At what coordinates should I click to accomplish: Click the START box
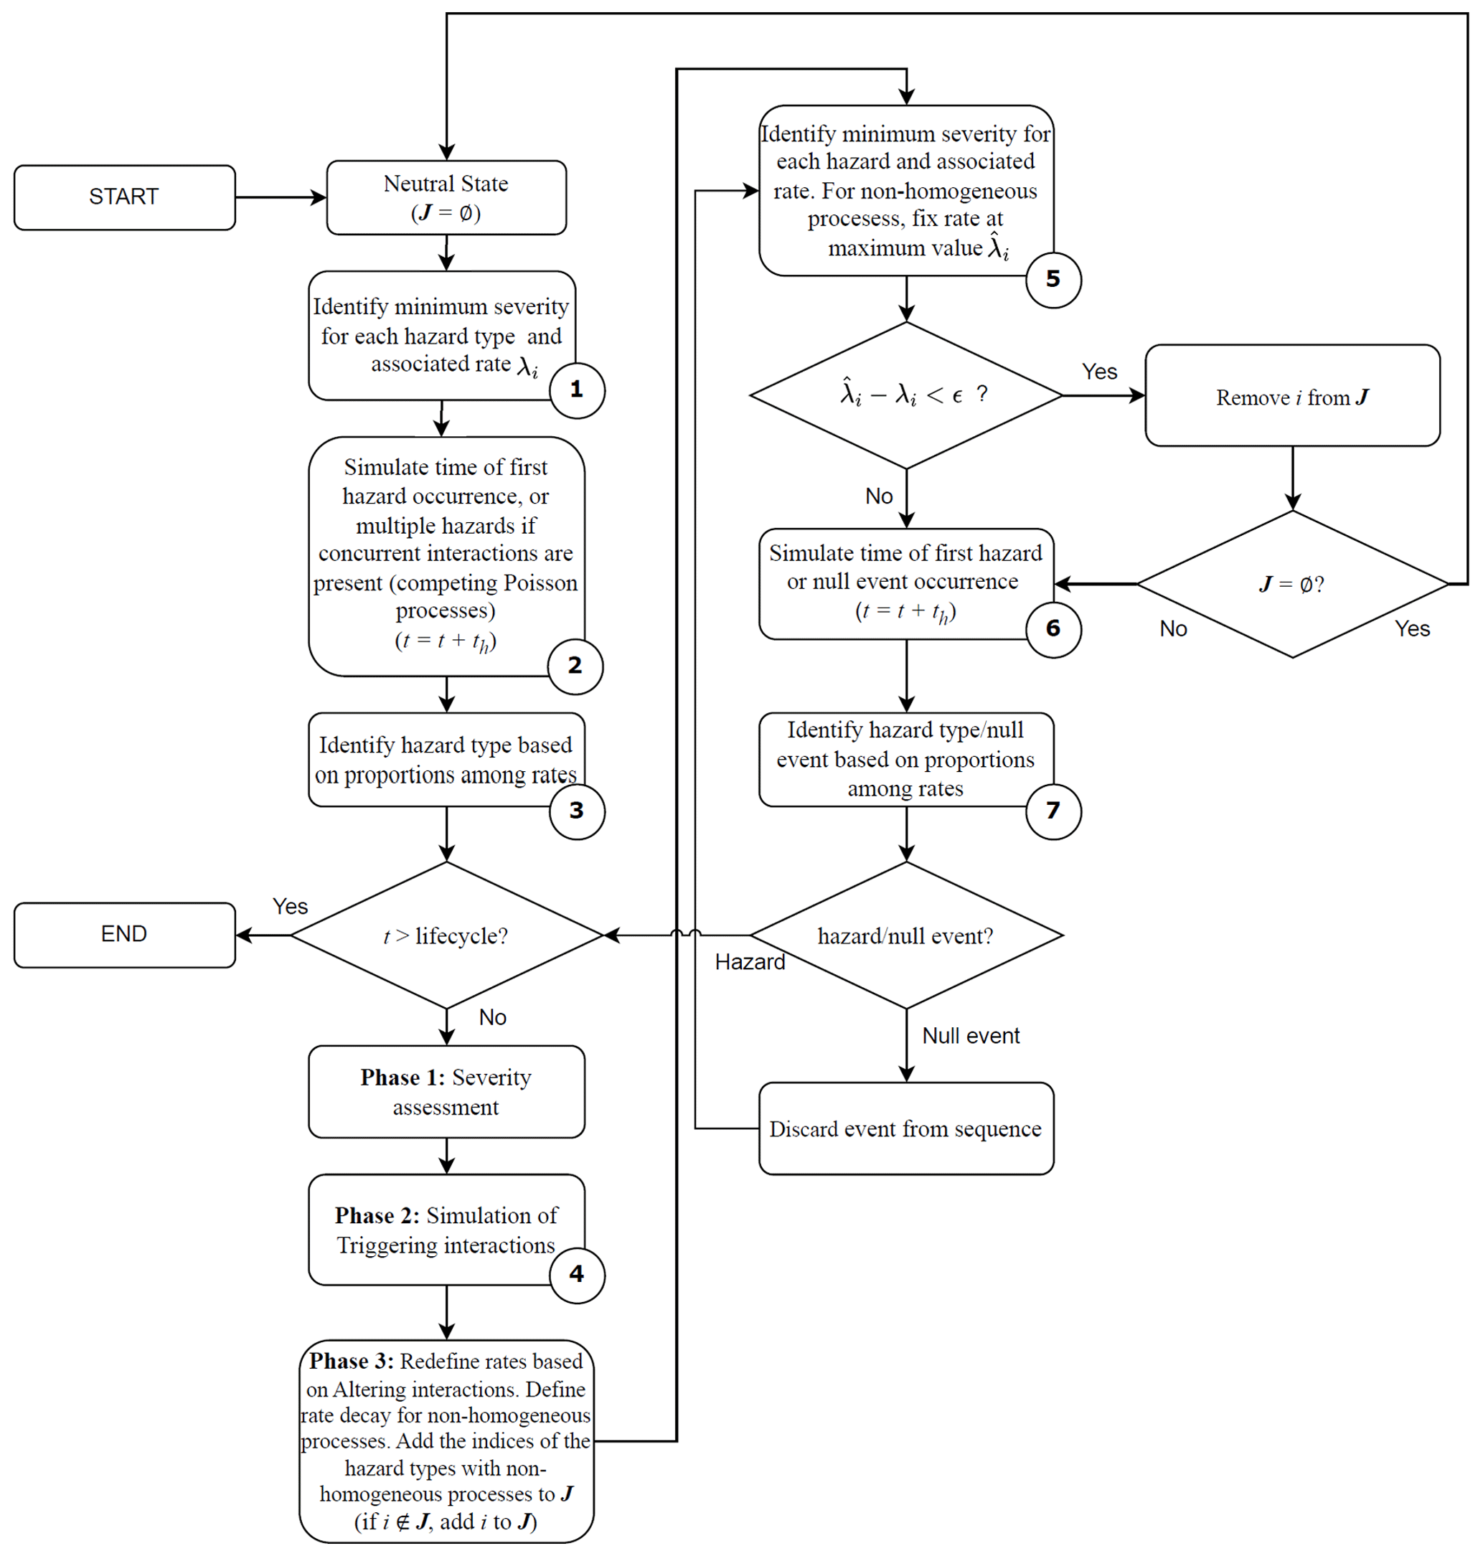point(124,197)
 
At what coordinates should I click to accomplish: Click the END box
point(124,934)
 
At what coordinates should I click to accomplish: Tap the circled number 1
point(577,390)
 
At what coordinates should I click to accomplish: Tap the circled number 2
point(575,666)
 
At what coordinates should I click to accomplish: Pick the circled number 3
point(577,811)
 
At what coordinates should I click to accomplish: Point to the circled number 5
point(1053,279)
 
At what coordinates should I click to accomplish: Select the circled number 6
point(1053,629)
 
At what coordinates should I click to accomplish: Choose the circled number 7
point(1053,811)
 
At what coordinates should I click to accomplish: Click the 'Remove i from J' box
point(1291,395)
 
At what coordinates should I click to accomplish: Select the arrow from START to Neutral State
point(281,197)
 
